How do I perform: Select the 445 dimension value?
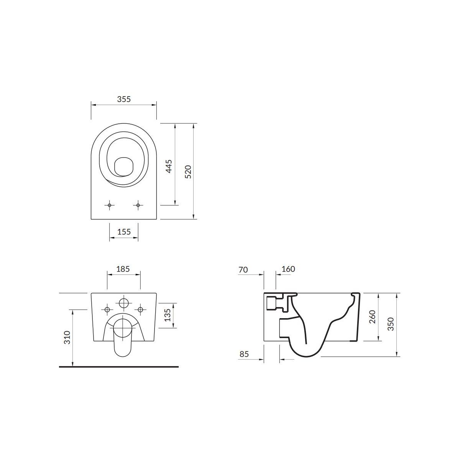pyautogui.click(x=169, y=166)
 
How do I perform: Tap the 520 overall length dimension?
pyautogui.click(x=188, y=172)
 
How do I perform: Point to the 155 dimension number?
pyautogui.click(x=124, y=232)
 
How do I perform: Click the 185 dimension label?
pyautogui.click(x=123, y=269)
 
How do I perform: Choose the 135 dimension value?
pyautogui.click(x=168, y=315)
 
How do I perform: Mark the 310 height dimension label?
pyautogui.click(x=67, y=337)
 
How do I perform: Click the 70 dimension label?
pyautogui.click(x=243, y=270)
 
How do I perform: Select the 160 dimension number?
pyautogui.click(x=288, y=269)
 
